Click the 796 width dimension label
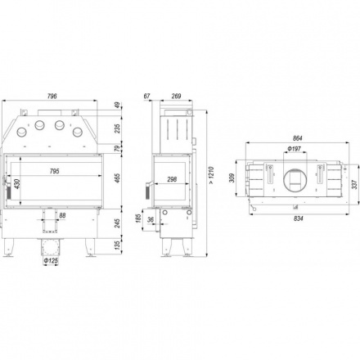[x=52, y=96]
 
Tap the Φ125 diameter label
[x=51, y=261]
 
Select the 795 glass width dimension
[x=54, y=171]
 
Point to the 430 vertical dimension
[x=16, y=185]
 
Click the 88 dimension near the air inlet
[x=62, y=215]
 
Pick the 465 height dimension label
[x=117, y=178]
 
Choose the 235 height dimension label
[x=117, y=128]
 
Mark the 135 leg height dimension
[x=117, y=245]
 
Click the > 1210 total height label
[x=212, y=175]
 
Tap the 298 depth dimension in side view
[x=172, y=179]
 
